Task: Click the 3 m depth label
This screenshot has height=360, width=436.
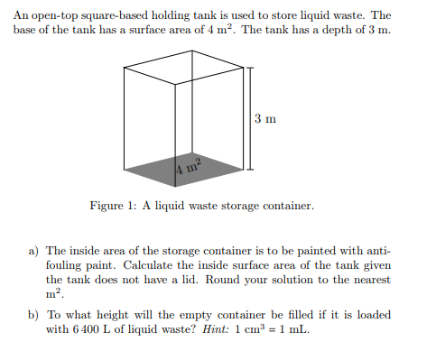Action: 264,118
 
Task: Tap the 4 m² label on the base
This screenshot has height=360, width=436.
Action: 187,166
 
